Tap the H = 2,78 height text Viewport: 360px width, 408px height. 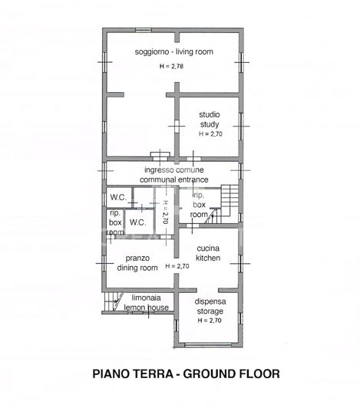click(172, 67)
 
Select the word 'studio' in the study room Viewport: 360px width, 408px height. click(210, 115)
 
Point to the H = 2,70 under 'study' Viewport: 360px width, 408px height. click(210, 133)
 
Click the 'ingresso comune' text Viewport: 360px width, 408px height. click(173, 169)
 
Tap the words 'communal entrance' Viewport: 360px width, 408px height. click(173, 179)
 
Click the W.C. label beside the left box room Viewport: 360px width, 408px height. click(138, 222)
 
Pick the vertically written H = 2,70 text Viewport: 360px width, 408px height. click(164, 211)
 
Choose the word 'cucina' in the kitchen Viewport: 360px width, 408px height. click(209, 248)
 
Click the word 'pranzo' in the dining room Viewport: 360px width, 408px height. click(138, 258)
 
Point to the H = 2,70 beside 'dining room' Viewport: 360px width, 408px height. click(176, 266)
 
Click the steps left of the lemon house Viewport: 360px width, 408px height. click(114, 301)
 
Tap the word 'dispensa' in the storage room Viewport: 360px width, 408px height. click(209, 301)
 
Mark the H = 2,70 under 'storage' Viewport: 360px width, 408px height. click(209, 321)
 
